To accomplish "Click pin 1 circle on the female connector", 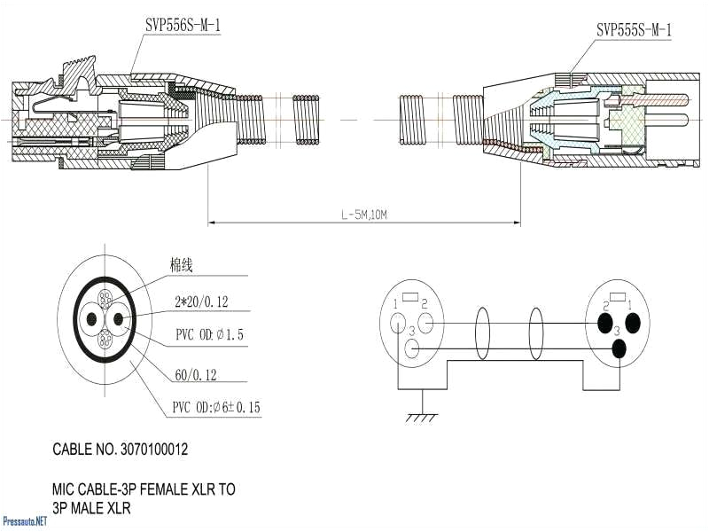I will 397,322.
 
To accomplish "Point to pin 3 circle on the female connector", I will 410,348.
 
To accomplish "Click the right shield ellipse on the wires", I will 537,333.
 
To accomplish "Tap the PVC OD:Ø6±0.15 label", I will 216,408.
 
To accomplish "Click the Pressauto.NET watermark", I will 24,521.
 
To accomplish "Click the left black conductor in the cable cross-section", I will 90,320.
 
